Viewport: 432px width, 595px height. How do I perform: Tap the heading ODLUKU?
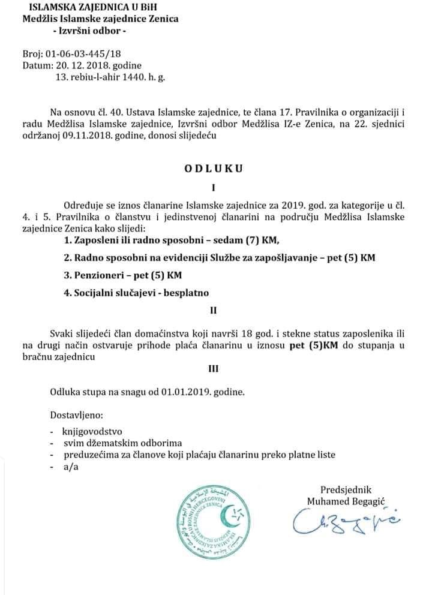[214, 169]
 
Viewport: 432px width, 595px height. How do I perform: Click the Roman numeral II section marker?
[212, 311]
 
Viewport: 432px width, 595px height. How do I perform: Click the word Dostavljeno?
[76, 414]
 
